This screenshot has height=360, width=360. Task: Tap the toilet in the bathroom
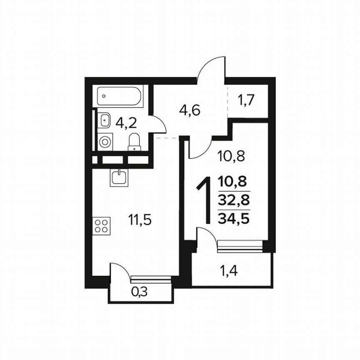134,141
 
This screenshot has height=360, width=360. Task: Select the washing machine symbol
105,140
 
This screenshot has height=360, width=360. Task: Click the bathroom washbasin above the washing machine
104,120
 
